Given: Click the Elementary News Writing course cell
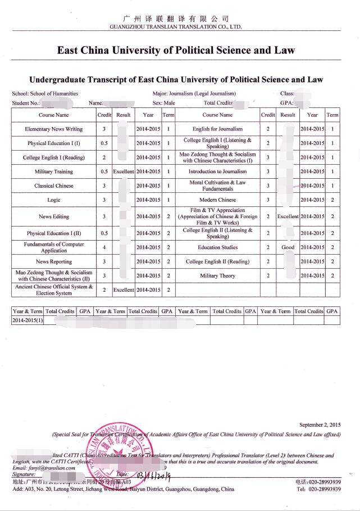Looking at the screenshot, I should click(x=54, y=129).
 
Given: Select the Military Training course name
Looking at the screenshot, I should click(x=54, y=171).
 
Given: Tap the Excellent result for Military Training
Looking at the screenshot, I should click(x=124, y=171).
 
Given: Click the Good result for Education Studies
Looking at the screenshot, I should click(x=288, y=247).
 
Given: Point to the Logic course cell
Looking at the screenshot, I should click(x=54, y=200).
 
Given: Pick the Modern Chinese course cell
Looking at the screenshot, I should click(x=217, y=200).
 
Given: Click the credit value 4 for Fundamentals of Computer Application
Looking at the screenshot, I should click(x=104, y=247).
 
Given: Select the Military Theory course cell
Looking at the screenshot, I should click(x=217, y=276).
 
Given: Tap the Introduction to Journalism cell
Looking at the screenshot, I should click(x=217, y=171).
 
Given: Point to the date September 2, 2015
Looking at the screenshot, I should click(x=320, y=425).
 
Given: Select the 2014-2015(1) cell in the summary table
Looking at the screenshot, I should click(x=28, y=320).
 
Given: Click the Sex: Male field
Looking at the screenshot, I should click(x=163, y=103).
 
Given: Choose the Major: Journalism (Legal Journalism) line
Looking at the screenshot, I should click(x=194, y=93).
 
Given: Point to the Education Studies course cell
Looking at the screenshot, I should click(x=217, y=247).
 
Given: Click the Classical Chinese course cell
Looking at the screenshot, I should click(x=54, y=186).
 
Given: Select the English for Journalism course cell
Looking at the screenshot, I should click(x=217, y=129).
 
